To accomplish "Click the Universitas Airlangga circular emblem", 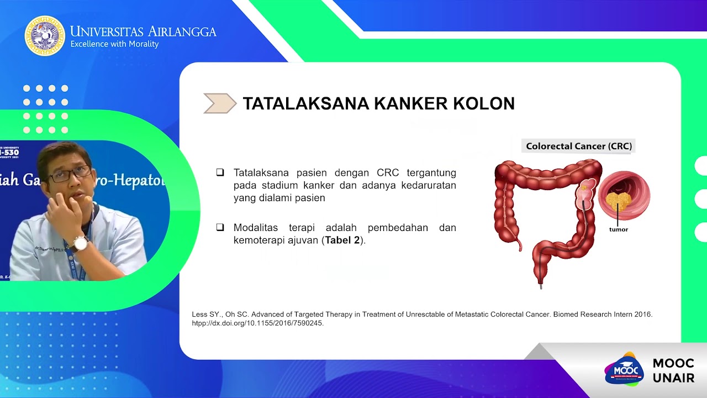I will click(45, 36).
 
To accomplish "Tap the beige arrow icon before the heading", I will click(220, 103).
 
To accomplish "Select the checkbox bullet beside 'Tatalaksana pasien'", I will click(220, 172).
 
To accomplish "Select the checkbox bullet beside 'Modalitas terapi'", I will click(220, 227).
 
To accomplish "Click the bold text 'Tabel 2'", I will click(342, 240).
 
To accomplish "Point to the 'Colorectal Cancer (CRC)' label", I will click(579, 146).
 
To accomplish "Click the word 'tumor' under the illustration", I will click(618, 229).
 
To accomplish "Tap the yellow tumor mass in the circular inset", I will click(618, 200).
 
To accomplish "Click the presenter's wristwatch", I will click(81, 243).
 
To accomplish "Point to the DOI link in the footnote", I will click(257, 323).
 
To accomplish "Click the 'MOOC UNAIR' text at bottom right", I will click(673, 370).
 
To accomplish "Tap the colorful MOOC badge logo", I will click(624, 369).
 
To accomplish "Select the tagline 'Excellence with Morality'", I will click(114, 44).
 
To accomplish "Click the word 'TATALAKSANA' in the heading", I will click(305, 103).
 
